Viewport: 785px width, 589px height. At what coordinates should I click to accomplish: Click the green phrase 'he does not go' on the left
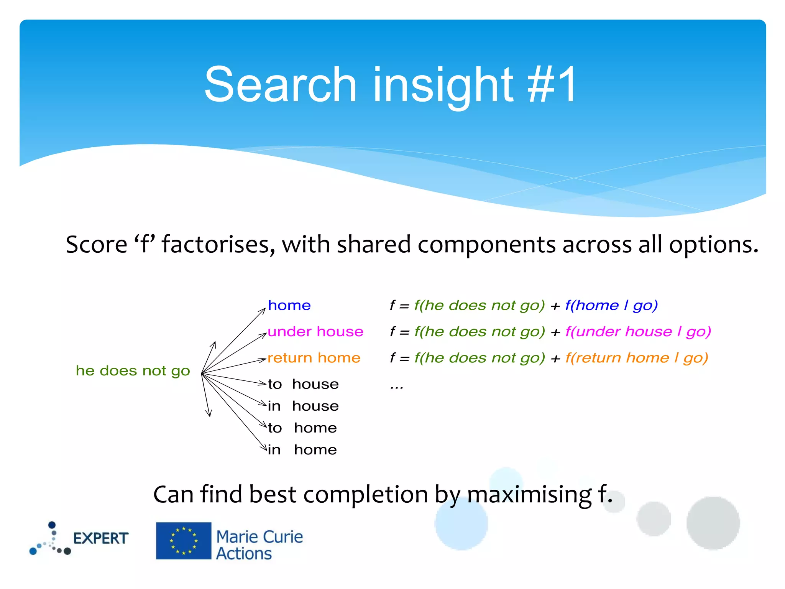133,371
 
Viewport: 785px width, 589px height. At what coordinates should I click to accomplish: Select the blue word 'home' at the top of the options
289,306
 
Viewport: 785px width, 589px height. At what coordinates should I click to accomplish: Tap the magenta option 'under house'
315,332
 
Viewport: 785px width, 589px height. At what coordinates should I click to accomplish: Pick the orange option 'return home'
314,358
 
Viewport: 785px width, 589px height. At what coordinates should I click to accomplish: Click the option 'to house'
303,384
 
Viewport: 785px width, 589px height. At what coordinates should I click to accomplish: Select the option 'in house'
303,406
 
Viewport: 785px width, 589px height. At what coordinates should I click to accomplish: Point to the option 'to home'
302,428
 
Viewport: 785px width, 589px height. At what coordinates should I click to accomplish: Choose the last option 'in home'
302,450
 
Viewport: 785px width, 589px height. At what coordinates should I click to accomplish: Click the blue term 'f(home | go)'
611,306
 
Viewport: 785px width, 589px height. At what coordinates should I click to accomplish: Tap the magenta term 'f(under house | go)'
638,332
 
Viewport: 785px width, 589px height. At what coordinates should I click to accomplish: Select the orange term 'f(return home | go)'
637,358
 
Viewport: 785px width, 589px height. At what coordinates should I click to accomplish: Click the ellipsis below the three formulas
397,387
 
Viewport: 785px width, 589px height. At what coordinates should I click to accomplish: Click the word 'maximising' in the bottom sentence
529,494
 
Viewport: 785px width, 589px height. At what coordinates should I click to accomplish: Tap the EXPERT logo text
100,538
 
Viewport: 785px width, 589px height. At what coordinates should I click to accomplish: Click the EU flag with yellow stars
183,541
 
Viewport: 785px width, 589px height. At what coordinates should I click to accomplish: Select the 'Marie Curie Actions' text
259,545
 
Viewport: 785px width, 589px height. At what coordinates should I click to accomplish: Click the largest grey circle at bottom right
713,523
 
